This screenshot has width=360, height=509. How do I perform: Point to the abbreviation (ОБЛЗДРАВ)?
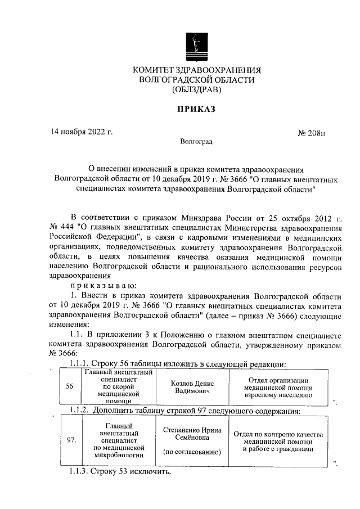pyautogui.click(x=197, y=89)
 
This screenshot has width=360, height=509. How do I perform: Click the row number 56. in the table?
pyautogui.click(x=70, y=387)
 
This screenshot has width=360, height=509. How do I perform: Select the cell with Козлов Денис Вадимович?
pyautogui.click(x=193, y=387)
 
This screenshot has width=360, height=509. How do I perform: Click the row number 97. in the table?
pyautogui.click(x=71, y=440)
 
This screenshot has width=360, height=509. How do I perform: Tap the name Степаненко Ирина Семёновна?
pyautogui.click(x=192, y=434)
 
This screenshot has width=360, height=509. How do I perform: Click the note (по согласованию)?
pyautogui.click(x=192, y=452)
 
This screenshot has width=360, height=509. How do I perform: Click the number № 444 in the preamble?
pyautogui.click(x=61, y=227)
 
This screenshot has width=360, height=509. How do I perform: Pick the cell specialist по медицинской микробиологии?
pyautogui.click(x=119, y=440)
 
